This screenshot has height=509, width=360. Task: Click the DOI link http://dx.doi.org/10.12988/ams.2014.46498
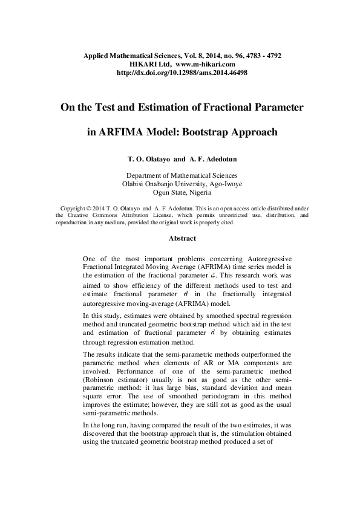[181, 73]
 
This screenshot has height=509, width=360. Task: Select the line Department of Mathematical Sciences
[180, 175]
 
